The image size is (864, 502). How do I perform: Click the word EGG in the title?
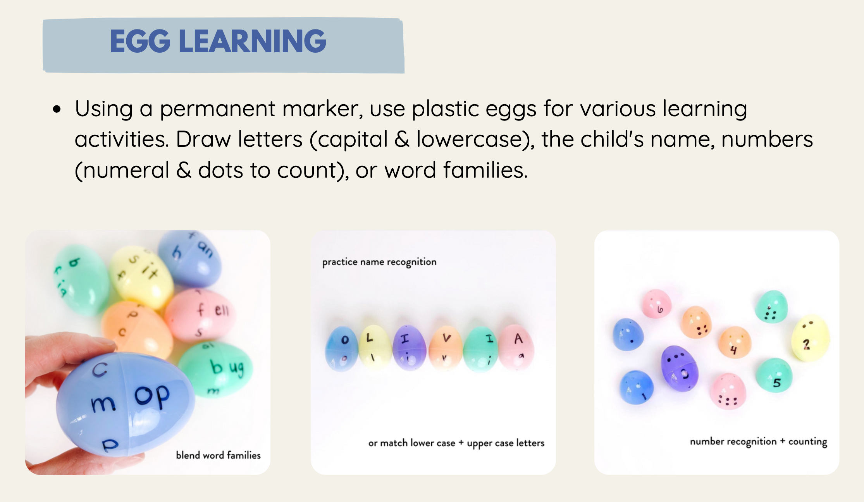pyautogui.click(x=140, y=41)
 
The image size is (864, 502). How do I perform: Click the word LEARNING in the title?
pyautogui.click(x=252, y=41)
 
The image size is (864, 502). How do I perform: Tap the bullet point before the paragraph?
pyautogui.click(x=57, y=109)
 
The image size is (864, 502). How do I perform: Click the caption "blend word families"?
pyautogui.click(x=218, y=455)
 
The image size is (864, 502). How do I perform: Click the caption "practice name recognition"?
pyautogui.click(x=379, y=262)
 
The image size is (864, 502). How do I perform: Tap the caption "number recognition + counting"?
pyautogui.click(x=758, y=442)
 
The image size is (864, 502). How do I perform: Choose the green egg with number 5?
pyautogui.click(x=775, y=375)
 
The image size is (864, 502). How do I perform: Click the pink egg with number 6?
pyautogui.click(x=656, y=304)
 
